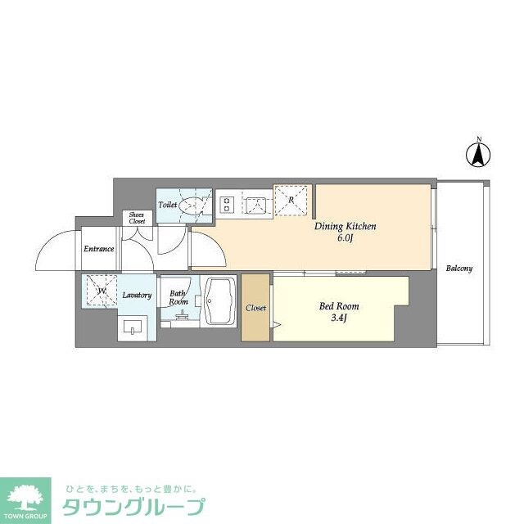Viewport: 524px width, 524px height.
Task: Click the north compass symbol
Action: [x=479, y=153]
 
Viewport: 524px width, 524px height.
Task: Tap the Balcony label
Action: [x=459, y=268]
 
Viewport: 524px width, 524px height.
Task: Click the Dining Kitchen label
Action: [x=345, y=226]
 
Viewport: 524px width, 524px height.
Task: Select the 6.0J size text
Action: [x=344, y=238]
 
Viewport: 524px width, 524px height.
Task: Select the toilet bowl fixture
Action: [x=193, y=205]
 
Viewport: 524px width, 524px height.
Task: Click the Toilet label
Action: [x=168, y=205]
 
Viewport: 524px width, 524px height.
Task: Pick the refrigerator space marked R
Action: [x=291, y=199]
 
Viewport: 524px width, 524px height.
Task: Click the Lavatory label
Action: [x=137, y=295]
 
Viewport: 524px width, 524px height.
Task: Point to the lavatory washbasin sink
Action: [x=133, y=330]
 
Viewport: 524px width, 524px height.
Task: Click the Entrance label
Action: [x=97, y=249]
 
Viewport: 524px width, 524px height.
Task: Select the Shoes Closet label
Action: [x=137, y=218]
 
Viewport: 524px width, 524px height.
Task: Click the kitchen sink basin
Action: [x=256, y=204]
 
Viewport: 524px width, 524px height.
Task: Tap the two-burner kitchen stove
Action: [x=226, y=204]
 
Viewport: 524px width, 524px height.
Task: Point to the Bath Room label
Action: [x=178, y=296]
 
